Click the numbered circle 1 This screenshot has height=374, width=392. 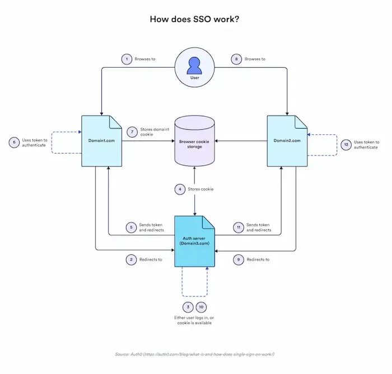tap(127, 59)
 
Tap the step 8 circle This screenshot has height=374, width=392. tap(236, 59)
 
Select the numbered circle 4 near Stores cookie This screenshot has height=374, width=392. tap(180, 189)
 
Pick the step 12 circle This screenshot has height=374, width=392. tap(346, 145)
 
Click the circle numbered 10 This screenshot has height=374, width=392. tap(201, 307)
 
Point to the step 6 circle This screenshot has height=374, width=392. tap(14, 142)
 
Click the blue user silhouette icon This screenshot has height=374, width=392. tap(194, 65)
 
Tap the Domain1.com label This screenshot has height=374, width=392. tap(101, 141)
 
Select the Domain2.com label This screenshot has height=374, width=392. tap(287, 141)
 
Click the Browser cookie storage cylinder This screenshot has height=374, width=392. tap(194, 141)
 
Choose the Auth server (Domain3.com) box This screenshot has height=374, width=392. tap(194, 242)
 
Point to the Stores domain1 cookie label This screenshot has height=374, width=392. tap(155, 132)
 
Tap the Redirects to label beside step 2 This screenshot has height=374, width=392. tap(151, 259)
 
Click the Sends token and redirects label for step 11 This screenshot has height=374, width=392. tap(259, 228)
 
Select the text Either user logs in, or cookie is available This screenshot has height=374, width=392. tap(194, 320)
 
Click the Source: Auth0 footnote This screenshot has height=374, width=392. tap(194, 354)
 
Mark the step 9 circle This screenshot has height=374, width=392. tap(239, 259)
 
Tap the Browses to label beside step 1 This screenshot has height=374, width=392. tap(145, 59)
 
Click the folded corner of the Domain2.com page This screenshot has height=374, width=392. tap(301, 122)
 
